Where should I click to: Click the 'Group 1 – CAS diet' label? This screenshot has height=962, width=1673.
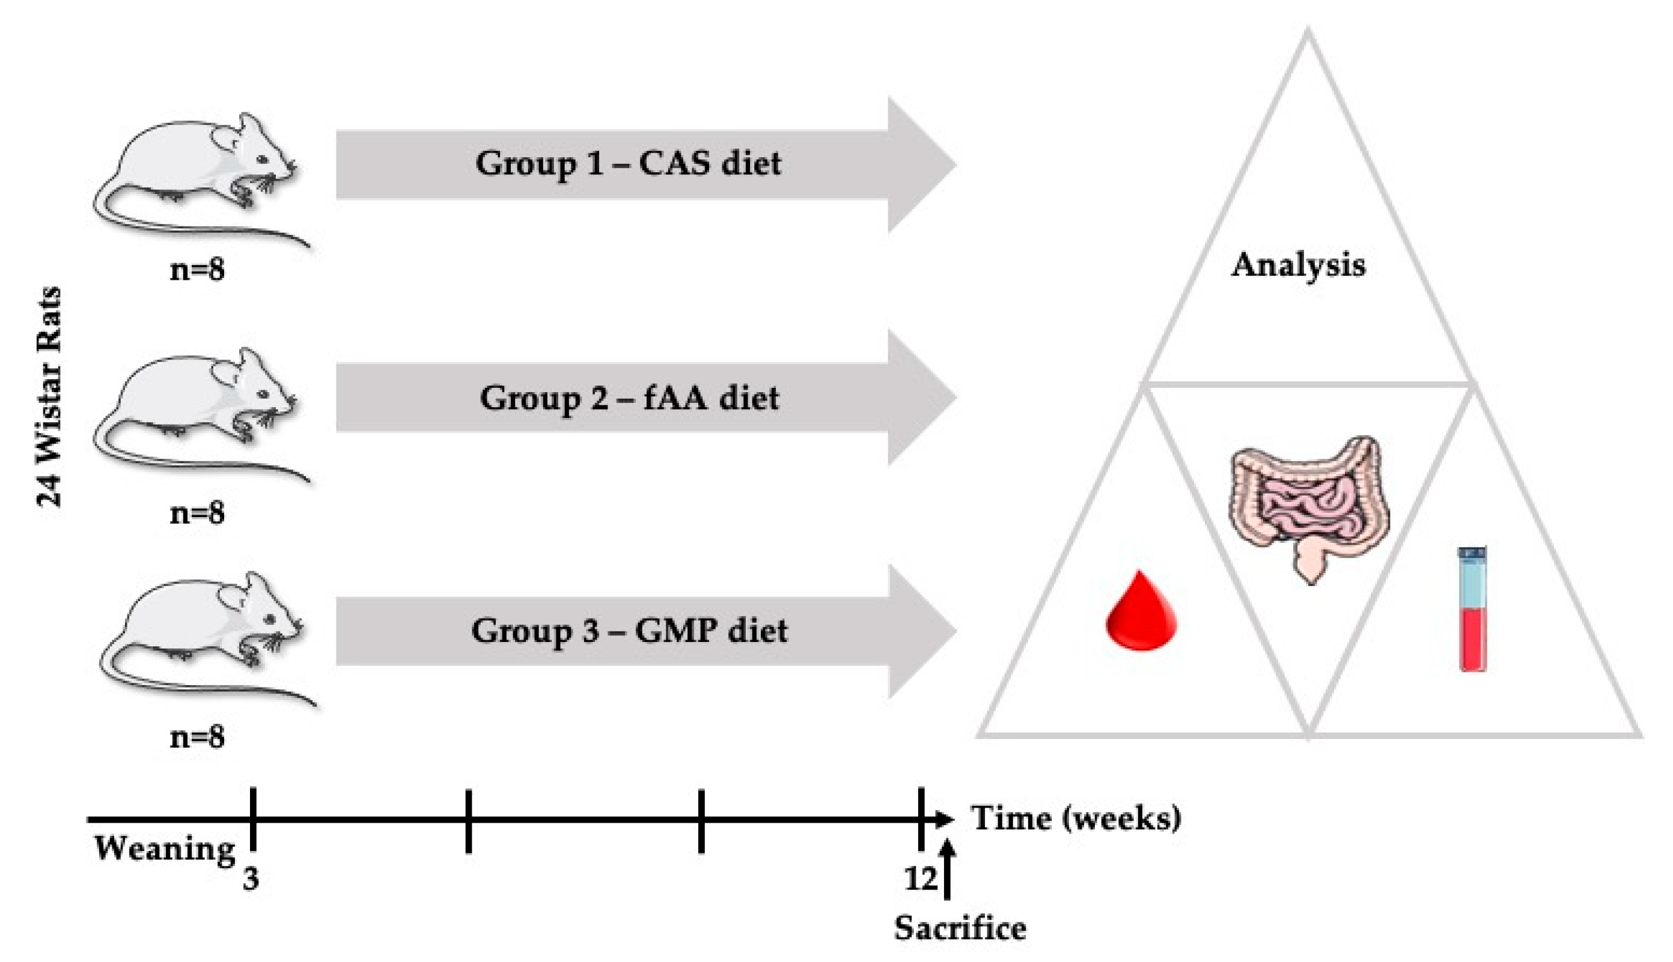[x=628, y=164]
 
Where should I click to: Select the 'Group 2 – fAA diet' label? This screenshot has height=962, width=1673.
[x=629, y=398]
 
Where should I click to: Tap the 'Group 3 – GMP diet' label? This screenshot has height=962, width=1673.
[x=629, y=631]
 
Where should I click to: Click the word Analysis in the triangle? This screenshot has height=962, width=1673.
[x=1297, y=265]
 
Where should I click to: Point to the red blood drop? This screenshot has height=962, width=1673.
[x=1141, y=612]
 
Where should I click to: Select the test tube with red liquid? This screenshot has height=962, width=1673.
[x=1473, y=609]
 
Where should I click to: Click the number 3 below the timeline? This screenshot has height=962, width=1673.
[x=251, y=879]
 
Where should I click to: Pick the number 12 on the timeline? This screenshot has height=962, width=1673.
[x=920, y=879]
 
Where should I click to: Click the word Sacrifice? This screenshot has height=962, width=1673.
[x=960, y=928]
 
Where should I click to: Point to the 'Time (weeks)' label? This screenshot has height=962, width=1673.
[x=1076, y=818]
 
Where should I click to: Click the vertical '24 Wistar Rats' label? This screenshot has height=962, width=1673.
[x=49, y=396]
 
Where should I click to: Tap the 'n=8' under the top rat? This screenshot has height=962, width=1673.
[x=197, y=270]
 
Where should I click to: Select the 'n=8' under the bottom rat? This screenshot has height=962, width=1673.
[x=197, y=737]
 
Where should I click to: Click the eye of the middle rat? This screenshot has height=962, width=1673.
[x=264, y=395]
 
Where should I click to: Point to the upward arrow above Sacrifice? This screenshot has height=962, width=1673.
[x=947, y=868]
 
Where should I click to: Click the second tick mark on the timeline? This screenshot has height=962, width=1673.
[x=468, y=820]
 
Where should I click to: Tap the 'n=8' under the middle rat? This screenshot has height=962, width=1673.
[x=197, y=513]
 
